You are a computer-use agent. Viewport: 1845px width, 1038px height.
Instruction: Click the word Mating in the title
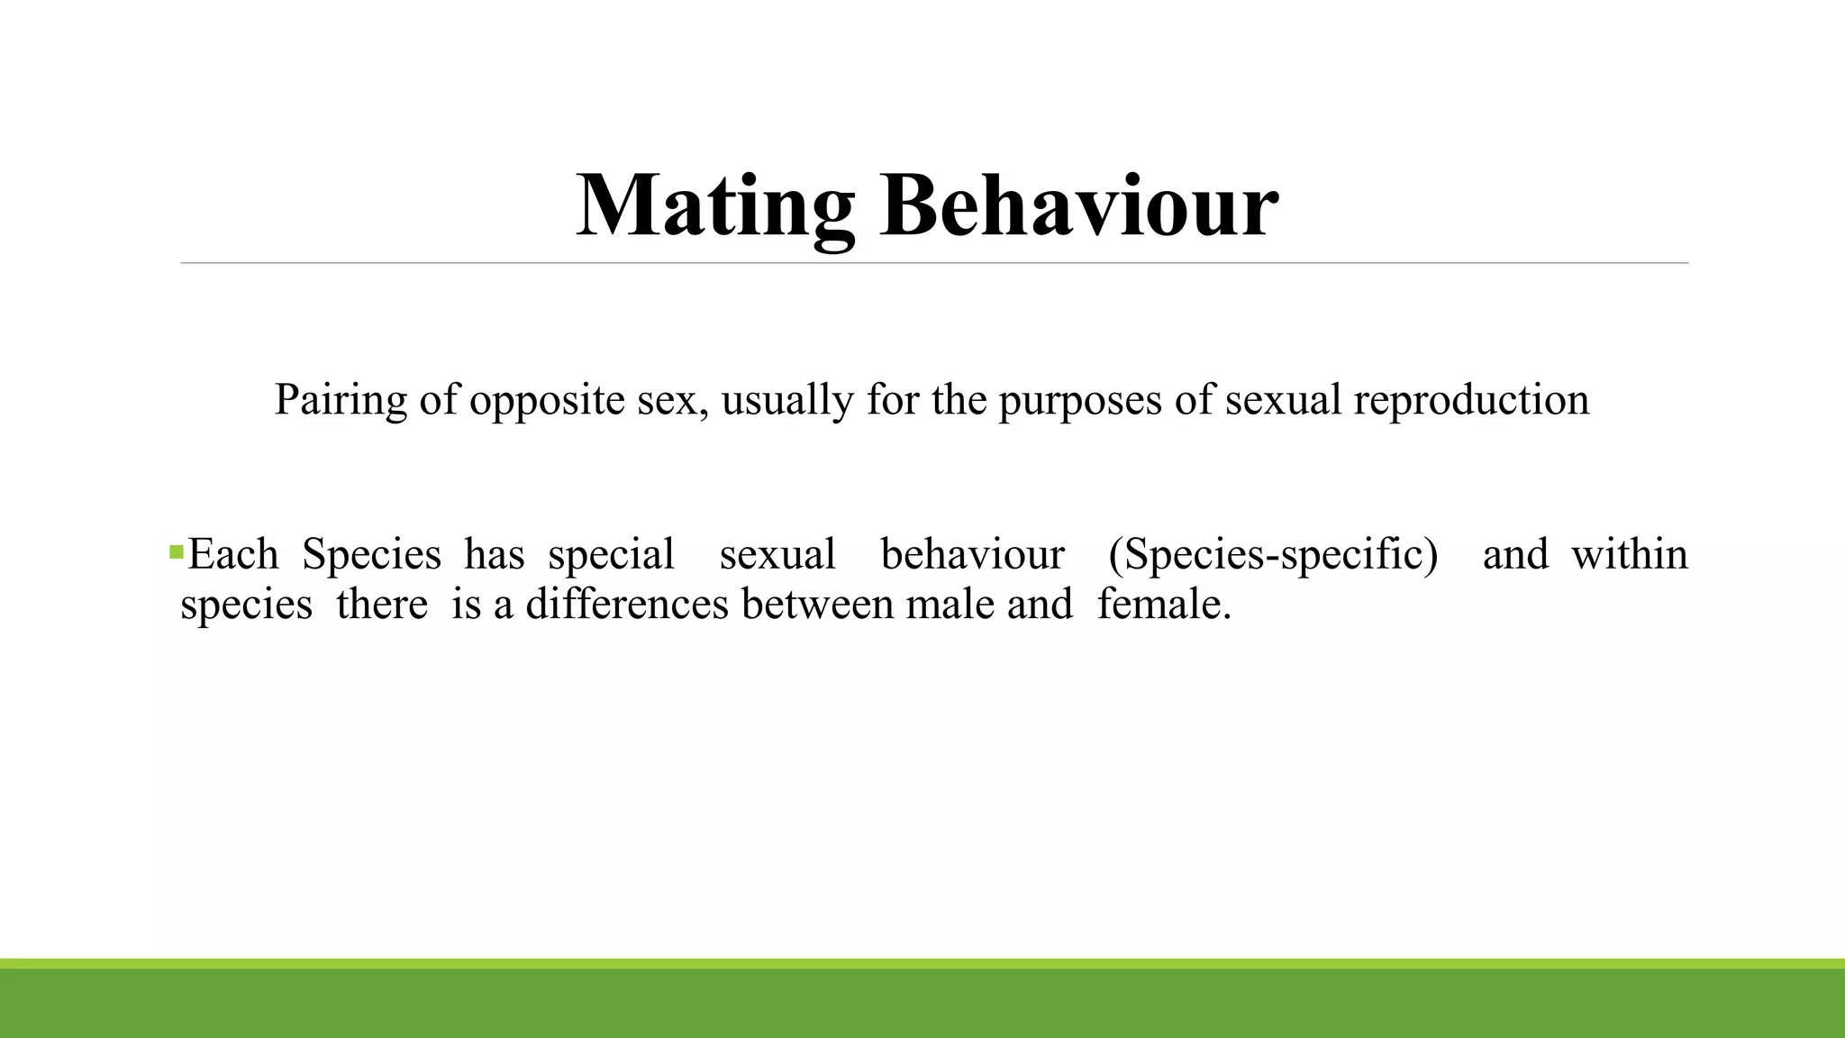point(714,207)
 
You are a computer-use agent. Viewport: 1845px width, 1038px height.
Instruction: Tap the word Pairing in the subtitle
point(341,399)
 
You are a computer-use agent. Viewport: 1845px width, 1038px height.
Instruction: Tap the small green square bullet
point(176,551)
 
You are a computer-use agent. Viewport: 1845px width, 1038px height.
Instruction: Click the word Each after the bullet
point(232,553)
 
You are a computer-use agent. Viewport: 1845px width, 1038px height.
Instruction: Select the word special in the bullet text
point(611,555)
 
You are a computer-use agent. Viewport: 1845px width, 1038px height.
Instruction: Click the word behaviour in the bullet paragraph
point(972,553)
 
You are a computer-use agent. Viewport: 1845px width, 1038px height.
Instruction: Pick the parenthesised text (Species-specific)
point(1273,555)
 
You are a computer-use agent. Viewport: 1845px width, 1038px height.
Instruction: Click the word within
point(1629,553)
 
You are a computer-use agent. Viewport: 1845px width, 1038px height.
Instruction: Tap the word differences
point(626,604)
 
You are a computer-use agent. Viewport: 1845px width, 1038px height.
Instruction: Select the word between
point(821,604)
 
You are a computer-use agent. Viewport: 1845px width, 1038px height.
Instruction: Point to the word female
point(1163,604)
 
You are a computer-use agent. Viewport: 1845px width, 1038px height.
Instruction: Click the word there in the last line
point(381,604)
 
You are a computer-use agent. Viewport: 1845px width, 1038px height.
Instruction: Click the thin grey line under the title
point(934,263)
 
